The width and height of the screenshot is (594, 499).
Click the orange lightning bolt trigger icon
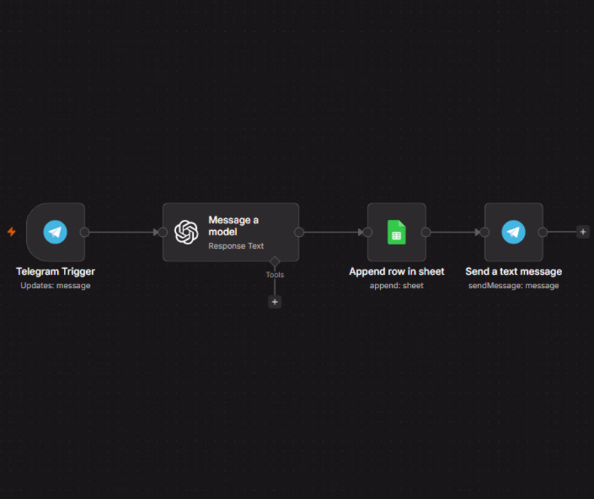[11, 232]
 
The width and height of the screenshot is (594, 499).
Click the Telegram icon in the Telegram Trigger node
[55, 232]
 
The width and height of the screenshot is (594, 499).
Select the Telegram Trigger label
[55, 272]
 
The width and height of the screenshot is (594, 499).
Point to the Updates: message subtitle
[55, 286]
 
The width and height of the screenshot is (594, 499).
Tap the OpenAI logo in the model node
[186, 232]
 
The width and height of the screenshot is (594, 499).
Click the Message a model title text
[233, 226]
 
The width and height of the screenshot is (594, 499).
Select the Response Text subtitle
[236, 246]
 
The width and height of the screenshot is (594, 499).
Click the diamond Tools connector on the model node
[275, 261]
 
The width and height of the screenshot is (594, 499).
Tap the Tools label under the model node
[275, 275]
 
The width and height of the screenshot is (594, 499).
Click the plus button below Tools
[275, 302]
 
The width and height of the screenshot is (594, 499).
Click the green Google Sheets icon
[396, 232]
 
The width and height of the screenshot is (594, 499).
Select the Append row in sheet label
[396, 272]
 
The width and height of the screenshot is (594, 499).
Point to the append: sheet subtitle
[396, 286]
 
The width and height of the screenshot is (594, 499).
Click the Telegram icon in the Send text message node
[514, 232]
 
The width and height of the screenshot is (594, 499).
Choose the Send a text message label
[514, 272]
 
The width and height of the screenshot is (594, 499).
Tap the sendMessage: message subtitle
[514, 286]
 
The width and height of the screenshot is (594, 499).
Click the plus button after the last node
[583, 232]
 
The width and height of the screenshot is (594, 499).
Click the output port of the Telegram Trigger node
[85, 232]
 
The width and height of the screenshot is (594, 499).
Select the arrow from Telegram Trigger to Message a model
[124, 232]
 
